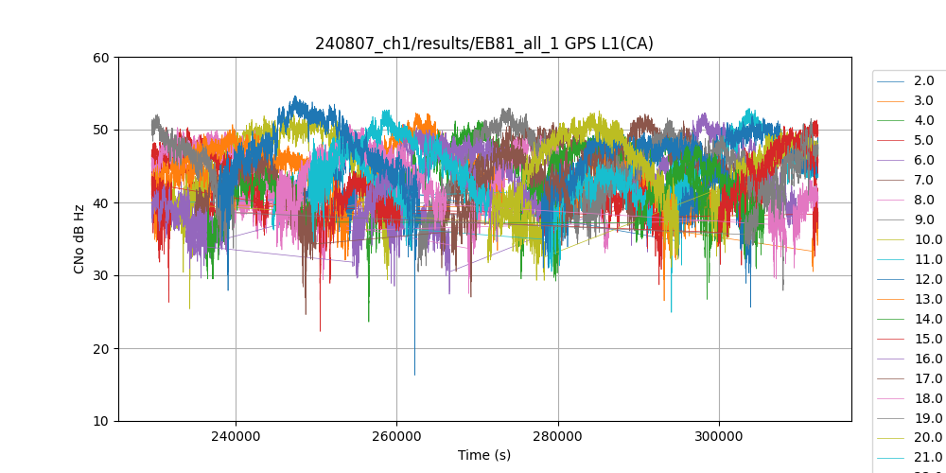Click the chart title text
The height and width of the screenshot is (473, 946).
point(483,44)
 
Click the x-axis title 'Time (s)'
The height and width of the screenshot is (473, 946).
point(483,455)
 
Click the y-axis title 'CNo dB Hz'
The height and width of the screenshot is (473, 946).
point(80,239)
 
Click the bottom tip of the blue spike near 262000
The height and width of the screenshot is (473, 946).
point(414,375)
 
